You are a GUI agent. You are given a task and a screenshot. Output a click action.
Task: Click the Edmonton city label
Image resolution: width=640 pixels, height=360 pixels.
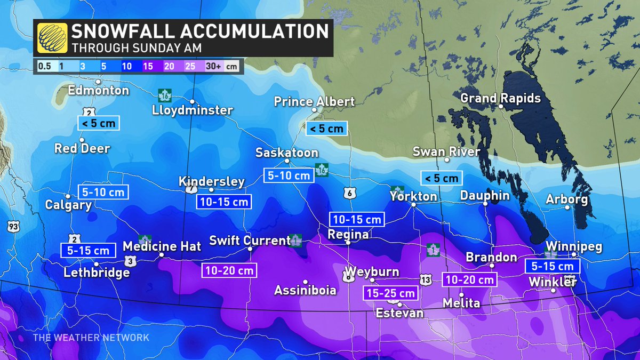coord(99,90)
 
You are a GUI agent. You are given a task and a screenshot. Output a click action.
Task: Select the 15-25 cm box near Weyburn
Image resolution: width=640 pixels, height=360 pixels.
coord(389,293)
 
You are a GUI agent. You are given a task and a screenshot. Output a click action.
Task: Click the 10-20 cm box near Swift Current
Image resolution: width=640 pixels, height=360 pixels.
coord(229,270)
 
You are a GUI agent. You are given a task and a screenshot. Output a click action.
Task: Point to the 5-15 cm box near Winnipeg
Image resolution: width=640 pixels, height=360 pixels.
coord(551,266)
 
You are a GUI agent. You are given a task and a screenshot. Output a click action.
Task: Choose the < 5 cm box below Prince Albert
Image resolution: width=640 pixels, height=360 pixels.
coord(326,128)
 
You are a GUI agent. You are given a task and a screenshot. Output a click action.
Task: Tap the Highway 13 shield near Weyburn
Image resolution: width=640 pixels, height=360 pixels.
coord(425,279)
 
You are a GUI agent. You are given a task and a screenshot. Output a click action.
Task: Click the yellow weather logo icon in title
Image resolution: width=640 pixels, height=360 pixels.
coord(52,38)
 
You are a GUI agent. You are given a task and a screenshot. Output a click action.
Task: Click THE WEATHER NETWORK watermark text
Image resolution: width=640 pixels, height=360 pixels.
coord(91,338)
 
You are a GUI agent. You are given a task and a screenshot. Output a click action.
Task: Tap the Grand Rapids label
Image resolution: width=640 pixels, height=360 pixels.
coord(500,98)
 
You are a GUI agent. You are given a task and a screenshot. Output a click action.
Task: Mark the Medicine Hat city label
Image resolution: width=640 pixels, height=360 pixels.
coord(162,246)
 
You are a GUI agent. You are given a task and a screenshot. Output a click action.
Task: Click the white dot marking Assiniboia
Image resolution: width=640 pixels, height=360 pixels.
coord(306,282)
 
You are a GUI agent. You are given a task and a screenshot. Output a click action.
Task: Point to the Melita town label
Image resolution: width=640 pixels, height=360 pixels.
coord(461,303)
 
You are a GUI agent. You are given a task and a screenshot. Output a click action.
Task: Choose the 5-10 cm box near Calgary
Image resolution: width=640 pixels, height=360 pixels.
coord(103,192)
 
